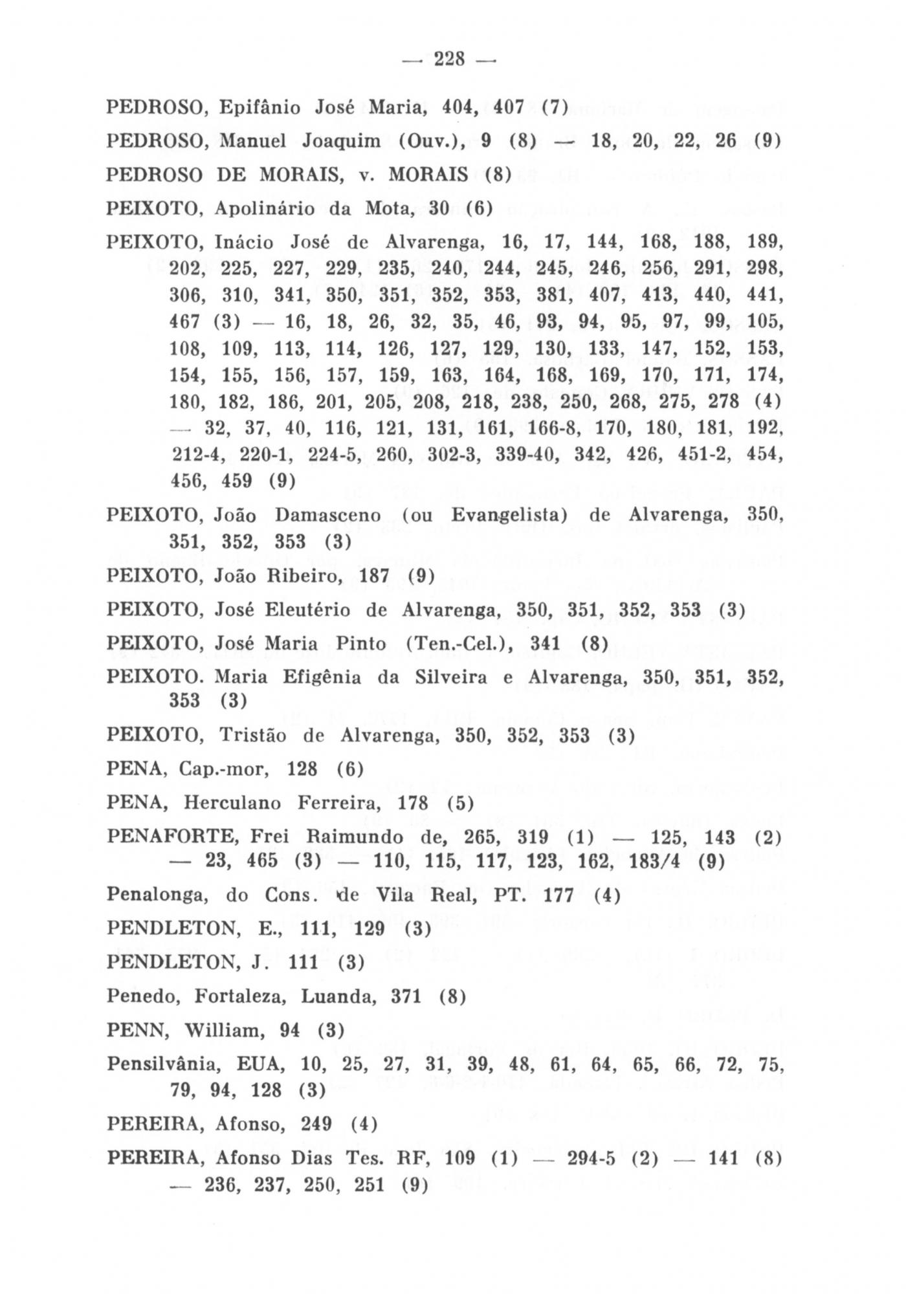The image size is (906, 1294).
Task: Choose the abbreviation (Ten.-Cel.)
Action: (459, 644)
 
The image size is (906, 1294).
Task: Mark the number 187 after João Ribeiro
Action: (373, 576)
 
